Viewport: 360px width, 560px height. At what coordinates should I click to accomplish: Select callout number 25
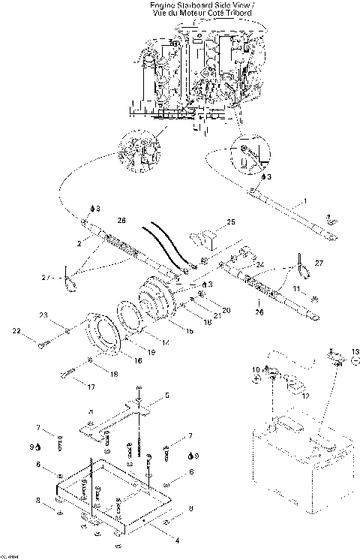point(231,222)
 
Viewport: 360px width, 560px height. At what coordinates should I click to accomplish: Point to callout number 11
point(295,288)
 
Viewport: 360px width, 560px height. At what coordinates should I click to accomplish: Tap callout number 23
point(43,315)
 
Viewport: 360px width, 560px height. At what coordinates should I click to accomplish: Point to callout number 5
point(167,395)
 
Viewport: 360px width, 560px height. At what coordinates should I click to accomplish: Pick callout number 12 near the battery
point(304,396)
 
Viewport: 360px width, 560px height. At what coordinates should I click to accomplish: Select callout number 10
point(255,369)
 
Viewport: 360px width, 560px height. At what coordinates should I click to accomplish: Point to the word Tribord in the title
point(240,14)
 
